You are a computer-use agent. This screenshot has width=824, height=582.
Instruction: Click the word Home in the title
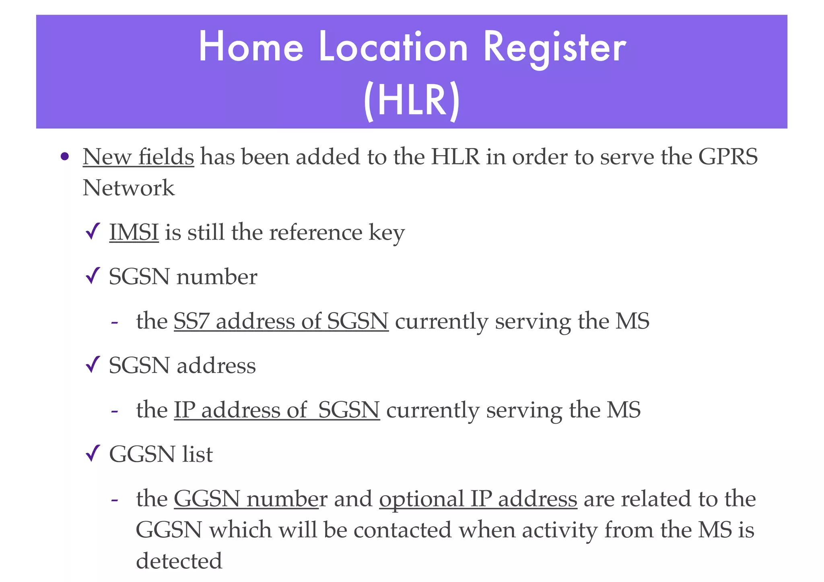(x=251, y=47)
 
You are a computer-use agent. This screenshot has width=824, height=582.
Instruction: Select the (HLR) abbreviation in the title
(x=411, y=101)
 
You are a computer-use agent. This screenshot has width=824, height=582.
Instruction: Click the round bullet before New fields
(x=64, y=156)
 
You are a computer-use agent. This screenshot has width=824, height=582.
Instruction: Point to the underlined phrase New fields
(x=138, y=157)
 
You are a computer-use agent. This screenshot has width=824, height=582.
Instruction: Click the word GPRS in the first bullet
(x=728, y=157)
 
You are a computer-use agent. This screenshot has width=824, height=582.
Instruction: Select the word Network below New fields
(x=128, y=188)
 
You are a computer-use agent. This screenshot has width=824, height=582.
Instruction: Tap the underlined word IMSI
(x=134, y=233)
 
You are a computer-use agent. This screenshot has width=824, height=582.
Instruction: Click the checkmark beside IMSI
(x=93, y=232)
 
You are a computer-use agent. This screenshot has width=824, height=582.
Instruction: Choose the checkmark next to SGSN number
(x=93, y=277)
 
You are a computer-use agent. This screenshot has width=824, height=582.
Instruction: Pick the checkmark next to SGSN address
(x=93, y=365)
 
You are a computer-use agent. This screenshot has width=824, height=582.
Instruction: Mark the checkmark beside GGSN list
(x=93, y=454)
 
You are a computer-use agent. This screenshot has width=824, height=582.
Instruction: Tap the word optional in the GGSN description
(x=421, y=499)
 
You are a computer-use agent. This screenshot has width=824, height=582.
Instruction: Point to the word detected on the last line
(x=179, y=561)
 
